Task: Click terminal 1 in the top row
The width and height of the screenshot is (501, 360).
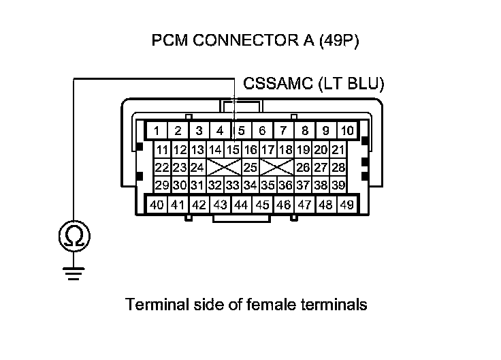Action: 157,130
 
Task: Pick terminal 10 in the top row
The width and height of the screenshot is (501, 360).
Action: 347,130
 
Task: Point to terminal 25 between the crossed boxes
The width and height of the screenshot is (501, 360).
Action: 251,167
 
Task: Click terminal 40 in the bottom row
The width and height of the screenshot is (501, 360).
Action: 157,204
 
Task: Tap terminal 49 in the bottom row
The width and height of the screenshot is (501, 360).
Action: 346,204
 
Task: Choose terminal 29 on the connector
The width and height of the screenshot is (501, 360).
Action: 162,185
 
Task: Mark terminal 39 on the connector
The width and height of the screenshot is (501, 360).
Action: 339,185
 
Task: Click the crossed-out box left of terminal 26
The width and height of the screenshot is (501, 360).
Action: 277,167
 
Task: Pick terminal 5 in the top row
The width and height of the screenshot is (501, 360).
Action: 242,130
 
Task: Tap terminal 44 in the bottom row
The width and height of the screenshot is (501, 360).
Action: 241,204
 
